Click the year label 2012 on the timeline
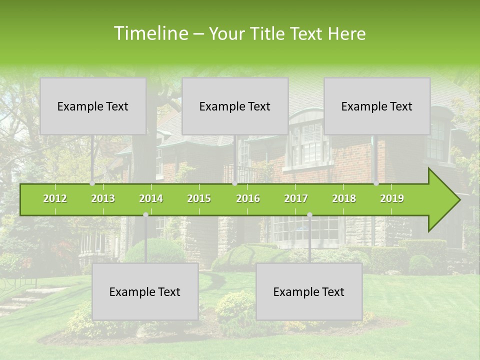[55, 198]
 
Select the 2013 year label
[103, 198]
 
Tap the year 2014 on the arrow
[151, 198]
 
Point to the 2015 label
[199, 198]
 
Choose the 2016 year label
[248, 198]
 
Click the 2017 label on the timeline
[296, 198]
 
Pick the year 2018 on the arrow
[344, 198]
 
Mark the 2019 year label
[392, 198]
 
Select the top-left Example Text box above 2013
[93, 106]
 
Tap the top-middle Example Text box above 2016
[235, 106]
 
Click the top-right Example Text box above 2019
[377, 106]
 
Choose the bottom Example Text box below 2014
[145, 291]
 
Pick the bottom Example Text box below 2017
[309, 291]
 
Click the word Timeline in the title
[150, 33]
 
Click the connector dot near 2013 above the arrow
[92, 183]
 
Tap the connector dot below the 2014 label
[145, 215]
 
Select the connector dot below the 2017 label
[309, 215]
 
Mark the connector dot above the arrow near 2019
[376, 183]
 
